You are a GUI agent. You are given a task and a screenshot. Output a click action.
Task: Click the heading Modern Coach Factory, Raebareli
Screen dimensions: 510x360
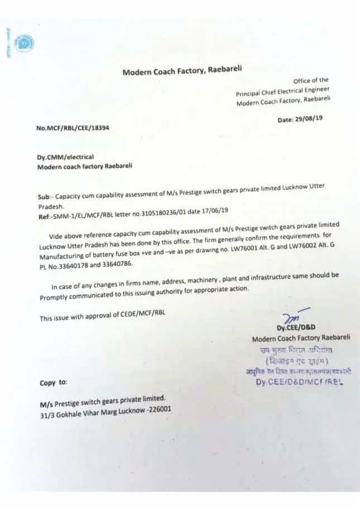[x=182, y=71]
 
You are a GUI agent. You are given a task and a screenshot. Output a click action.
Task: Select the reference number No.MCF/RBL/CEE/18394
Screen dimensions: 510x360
[x=73, y=128]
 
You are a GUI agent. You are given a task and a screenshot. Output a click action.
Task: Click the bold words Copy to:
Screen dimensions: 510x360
[x=54, y=383]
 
